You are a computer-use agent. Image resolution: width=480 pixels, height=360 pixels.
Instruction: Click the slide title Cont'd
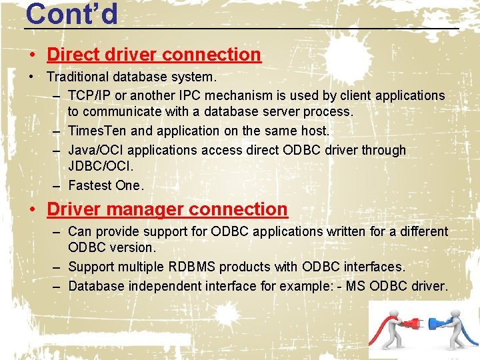click(x=71, y=13)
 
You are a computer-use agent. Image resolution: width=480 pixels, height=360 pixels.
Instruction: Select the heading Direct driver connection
click(x=154, y=54)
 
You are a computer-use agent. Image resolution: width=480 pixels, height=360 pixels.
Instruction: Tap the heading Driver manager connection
click(x=167, y=209)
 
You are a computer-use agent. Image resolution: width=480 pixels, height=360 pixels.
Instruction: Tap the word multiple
click(x=136, y=267)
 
